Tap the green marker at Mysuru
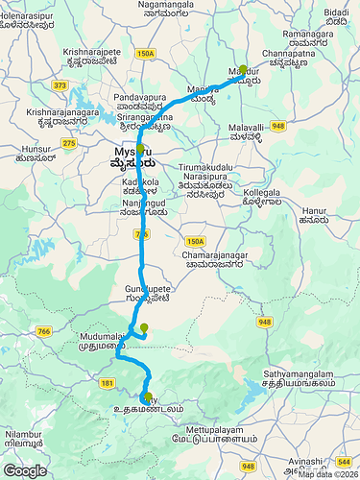140,151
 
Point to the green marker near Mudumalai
144,329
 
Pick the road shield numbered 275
69,143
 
